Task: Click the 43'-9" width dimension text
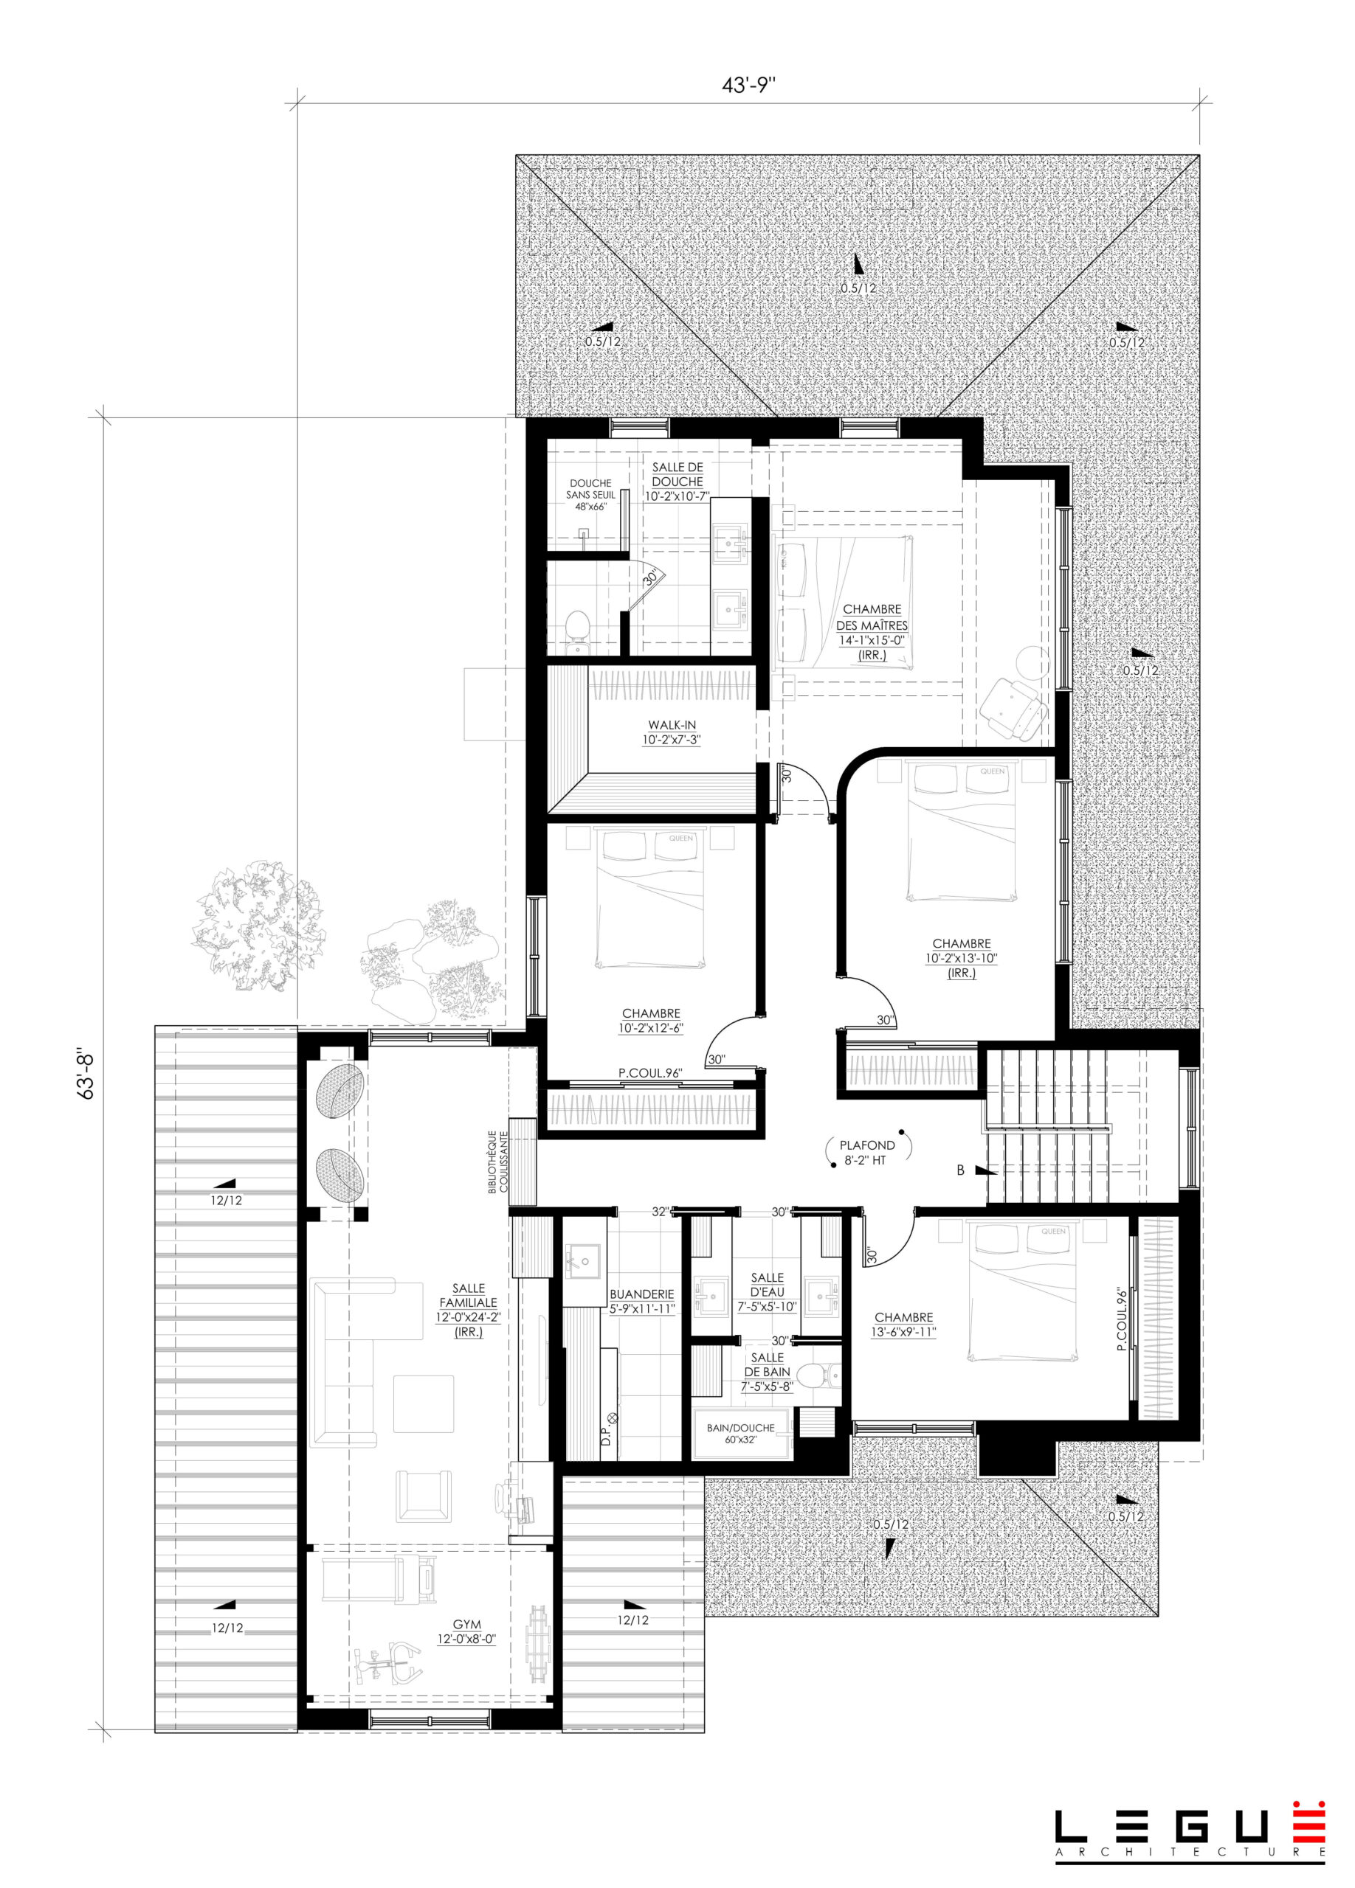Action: [x=748, y=85]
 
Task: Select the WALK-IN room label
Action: [x=672, y=732]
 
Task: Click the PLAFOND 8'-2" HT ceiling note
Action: [x=866, y=1151]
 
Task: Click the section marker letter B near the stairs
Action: [x=960, y=1170]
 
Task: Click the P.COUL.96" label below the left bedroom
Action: [x=650, y=1074]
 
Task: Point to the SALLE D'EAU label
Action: [x=767, y=1291]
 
